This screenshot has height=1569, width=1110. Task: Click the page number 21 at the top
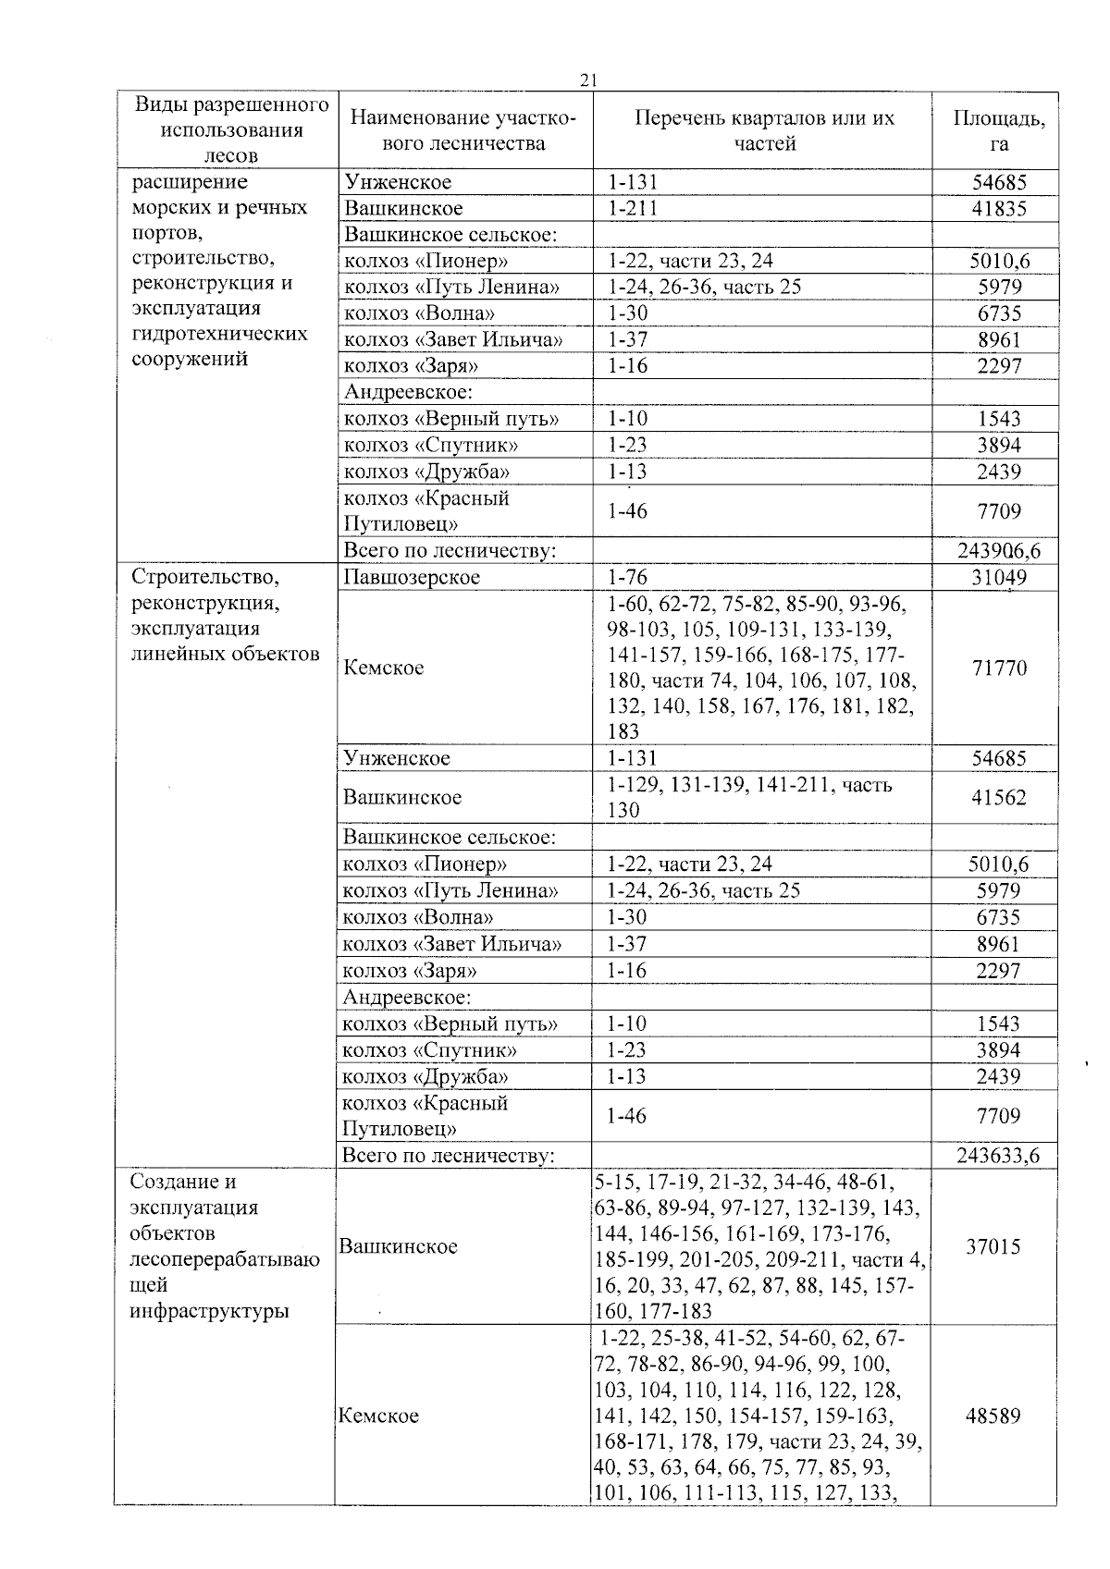coord(586,80)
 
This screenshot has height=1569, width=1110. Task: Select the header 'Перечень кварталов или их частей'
coord(764,130)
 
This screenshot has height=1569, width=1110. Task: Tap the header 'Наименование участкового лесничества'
coord(462,130)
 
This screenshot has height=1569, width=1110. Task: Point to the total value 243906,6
coord(998,551)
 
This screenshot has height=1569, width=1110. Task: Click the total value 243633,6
coord(997,1156)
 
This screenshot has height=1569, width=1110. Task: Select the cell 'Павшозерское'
coord(412,578)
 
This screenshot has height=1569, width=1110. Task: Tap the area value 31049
coord(998,578)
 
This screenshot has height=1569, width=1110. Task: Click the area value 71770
coord(998,668)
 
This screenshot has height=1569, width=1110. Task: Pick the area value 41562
coord(998,798)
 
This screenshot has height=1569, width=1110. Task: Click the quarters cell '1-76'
coord(627,578)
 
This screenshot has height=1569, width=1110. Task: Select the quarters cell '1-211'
coord(632,209)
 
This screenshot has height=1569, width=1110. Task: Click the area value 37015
coord(993,1247)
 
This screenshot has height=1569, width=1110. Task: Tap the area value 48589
coord(993,1416)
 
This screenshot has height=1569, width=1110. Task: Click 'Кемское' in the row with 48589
coord(378,1416)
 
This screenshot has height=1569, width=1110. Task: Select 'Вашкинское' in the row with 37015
coord(398,1247)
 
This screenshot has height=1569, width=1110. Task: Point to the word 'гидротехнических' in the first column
coord(219,334)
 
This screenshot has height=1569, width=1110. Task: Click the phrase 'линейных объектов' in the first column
coord(226,655)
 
